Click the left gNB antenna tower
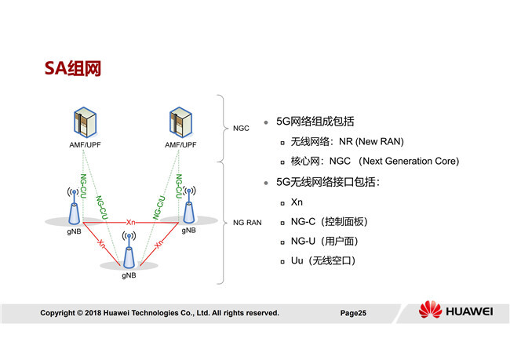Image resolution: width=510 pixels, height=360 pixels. click(74, 208)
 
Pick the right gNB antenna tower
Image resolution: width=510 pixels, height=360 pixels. click(188, 208)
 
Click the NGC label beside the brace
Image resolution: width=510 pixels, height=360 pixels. click(241, 128)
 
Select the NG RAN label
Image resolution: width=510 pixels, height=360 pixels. click(247, 223)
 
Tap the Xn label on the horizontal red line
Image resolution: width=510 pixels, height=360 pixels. click(131, 223)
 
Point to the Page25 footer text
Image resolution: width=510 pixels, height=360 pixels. click(353, 313)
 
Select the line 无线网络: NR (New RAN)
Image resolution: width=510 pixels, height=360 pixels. click(346, 141)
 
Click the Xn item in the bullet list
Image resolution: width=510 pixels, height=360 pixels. click(297, 202)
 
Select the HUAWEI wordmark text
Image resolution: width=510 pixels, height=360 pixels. click(469, 311)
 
